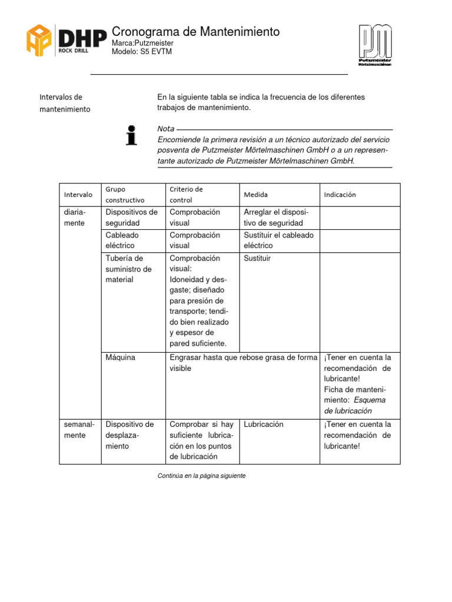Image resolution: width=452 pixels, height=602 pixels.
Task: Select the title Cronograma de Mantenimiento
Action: point(195,32)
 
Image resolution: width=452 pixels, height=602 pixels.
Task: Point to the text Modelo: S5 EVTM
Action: point(142,52)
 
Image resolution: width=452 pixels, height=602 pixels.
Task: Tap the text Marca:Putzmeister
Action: point(142,44)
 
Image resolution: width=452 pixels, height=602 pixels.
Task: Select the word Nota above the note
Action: point(166,129)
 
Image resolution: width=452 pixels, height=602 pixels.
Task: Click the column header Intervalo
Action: point(78,195)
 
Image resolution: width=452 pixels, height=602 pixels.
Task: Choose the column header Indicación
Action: point(340,195)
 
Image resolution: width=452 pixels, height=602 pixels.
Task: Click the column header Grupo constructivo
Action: point(124,195)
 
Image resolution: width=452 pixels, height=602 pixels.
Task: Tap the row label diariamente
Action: point(75,218)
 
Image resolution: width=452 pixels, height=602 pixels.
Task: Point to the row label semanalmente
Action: point(76,430)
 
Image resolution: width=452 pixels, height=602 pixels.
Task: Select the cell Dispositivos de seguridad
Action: point(131,218)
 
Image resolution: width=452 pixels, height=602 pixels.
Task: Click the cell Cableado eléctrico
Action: point(121,240)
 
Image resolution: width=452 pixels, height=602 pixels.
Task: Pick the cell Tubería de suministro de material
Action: point(128,269)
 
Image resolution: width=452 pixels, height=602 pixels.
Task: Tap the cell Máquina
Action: point(121,357)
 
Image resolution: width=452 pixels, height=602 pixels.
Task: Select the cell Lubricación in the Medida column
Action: point(264,424)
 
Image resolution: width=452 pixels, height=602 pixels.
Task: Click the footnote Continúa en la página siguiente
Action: point(201,476)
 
